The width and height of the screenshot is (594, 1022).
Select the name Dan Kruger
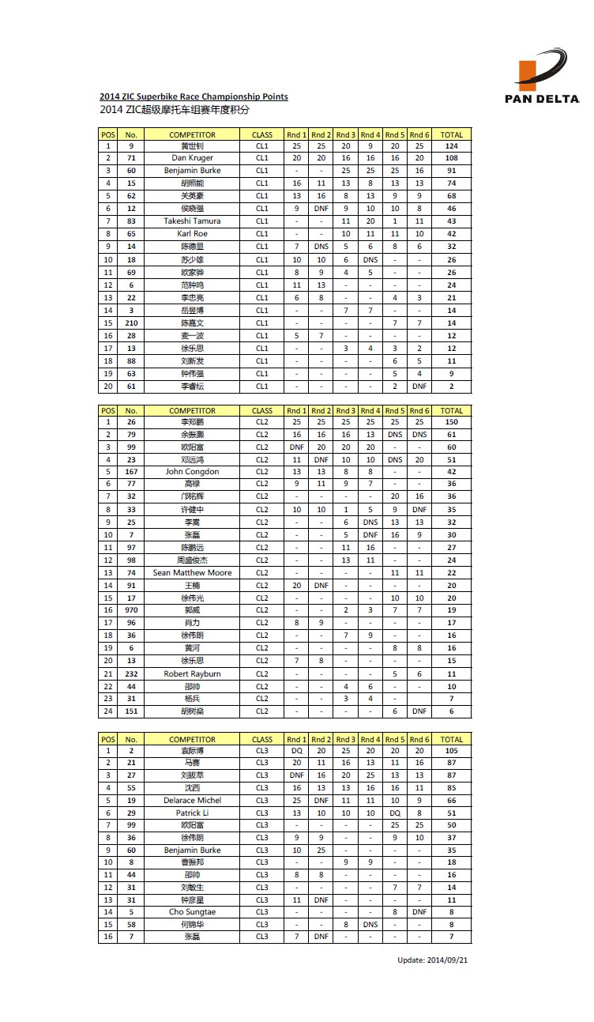pos(192,158)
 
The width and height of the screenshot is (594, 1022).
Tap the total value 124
pos(451,146)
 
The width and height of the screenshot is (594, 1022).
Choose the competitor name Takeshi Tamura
pos(192,221)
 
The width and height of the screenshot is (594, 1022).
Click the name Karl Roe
pos(192,234)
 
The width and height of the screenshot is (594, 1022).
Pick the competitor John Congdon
pos(192,472)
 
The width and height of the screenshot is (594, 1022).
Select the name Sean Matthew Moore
pos(192,572)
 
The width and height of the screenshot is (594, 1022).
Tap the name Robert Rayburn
pos(192,673)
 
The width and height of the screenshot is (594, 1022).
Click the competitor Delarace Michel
pos(192,800)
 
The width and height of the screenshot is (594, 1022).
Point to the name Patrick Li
pos(192,813)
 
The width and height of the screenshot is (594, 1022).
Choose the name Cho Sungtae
pos(192,912)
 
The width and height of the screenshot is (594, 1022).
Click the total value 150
pos(451,422)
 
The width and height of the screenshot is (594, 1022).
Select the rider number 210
pos(131,323)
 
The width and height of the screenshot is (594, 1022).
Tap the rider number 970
pos(131,610)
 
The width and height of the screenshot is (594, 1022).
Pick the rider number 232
pos(131,673)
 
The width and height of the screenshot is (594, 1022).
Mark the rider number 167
pos(131,472)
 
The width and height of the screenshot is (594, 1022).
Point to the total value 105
pos(451,751)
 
